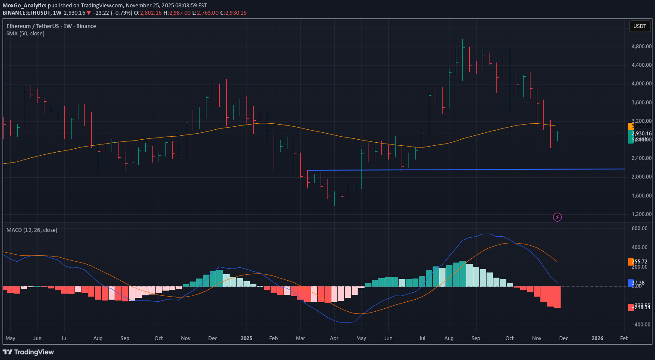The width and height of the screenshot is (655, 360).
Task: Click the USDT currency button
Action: coord(639,26)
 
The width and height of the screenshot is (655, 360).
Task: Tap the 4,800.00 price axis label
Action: coord(641,47)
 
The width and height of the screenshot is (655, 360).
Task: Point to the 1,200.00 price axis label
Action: coord(641,214)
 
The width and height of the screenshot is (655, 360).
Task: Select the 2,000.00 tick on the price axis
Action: coord(641,177)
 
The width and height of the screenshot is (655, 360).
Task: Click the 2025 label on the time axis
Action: coord(246,338)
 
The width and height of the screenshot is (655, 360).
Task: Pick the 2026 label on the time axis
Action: coord(597,338)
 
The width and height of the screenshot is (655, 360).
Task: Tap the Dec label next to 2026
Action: coord(564,338)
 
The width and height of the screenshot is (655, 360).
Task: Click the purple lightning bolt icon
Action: coord(557,217)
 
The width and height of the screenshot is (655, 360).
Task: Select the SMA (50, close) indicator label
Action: coord(25,34)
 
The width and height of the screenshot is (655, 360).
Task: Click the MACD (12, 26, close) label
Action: coord(32,230)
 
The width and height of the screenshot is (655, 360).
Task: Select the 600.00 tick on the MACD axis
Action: coord(639,229)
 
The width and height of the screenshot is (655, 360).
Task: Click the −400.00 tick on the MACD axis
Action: coord(639,325)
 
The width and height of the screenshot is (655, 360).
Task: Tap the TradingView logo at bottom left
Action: coord(28,352)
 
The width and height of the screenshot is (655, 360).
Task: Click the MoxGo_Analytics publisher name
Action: coord(25,6)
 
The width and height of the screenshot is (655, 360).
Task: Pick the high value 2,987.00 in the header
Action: coord(180,13)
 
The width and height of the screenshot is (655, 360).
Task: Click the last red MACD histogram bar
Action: coord(557,297)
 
